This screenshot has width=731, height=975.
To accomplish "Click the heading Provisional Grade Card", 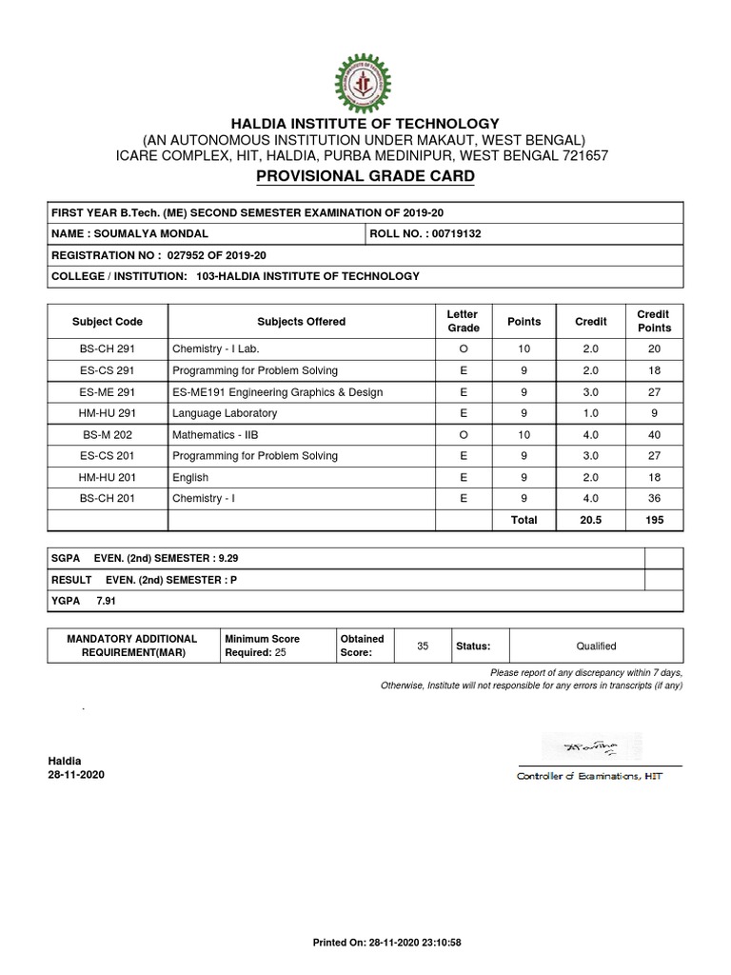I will click(365, 177).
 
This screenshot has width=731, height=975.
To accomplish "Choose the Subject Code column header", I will click(107, 322).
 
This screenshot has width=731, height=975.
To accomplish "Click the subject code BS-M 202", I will click(107, 433).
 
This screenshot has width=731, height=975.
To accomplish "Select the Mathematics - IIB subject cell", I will click(215, 433).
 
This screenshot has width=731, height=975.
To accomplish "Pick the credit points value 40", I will click(654, 433).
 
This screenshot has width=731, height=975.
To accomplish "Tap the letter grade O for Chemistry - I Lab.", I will click(463, 349).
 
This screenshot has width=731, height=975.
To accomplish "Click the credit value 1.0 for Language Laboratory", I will click(590, 412).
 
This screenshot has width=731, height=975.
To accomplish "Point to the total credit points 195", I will click(654, 520).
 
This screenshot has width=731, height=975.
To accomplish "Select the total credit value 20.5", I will click(590, 520).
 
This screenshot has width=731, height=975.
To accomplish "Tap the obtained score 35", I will click(424, 646).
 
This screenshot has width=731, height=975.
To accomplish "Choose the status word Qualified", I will click(596, 646).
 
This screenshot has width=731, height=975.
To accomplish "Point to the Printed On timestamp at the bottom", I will click(387, 942).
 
